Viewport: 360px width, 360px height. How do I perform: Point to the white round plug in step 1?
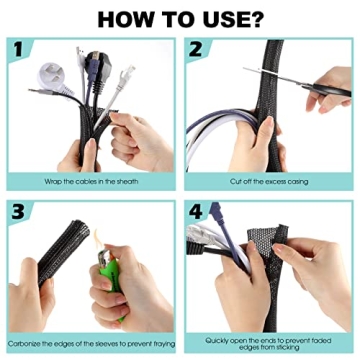pos(51,75)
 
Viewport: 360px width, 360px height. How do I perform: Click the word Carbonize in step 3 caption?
pos(34,344)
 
